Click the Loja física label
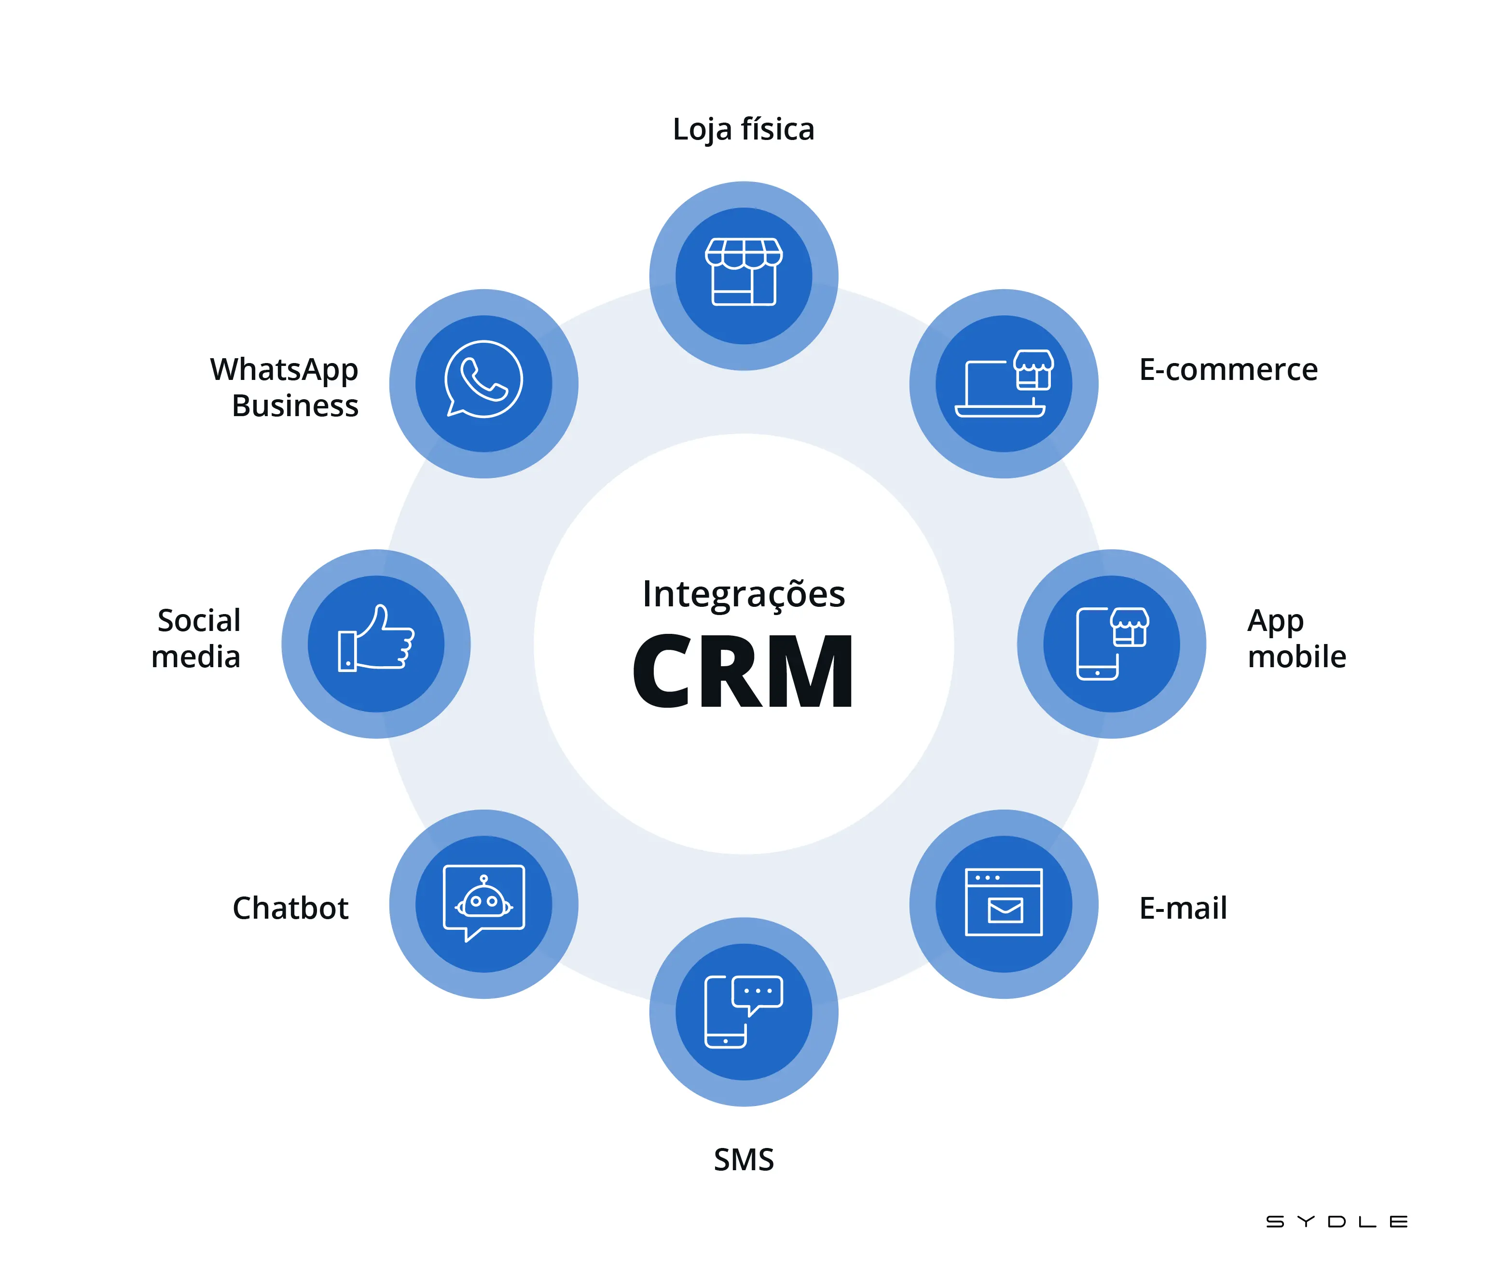(743, 130)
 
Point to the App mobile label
(1295, 638)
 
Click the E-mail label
(1183, 908)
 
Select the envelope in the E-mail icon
(1005, 910)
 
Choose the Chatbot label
(290, 908)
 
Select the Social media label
(196, 638)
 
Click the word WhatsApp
(284, 369)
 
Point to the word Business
(295, 406)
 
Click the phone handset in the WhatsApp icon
(483, 380)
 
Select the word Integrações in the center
(743, 594)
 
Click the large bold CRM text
(743, 672)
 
